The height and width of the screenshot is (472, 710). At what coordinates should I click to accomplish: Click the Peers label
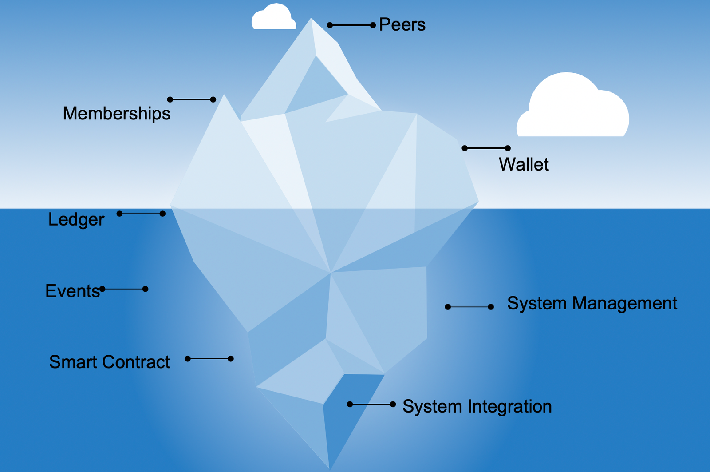point(402,25)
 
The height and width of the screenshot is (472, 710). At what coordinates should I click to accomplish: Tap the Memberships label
point(116,114)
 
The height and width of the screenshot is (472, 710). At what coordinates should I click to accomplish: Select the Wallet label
point(524,165)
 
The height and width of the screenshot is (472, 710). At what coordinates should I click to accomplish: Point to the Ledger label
point(76,220)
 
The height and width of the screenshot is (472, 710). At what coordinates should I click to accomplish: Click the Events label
point(72,291)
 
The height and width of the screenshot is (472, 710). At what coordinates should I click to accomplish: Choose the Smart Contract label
point(109,362)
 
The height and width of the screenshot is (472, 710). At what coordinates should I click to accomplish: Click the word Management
point(624,304)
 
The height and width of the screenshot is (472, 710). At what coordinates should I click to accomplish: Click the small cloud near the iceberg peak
point(274,18)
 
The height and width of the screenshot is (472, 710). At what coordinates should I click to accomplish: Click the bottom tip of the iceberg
point(329,468)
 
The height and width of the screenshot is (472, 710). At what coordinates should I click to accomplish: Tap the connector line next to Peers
point(351,25)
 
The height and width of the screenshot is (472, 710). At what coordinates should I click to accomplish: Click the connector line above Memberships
point(191,99)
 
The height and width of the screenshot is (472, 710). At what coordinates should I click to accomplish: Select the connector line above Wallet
point(486,148)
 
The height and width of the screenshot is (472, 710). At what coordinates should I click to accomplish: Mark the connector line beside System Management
point(469,307)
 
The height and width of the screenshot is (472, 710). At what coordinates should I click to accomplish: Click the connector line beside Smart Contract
point(209,359)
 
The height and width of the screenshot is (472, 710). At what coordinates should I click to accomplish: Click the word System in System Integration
point(432,407)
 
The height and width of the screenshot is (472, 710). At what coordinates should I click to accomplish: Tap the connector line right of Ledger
point(141,214)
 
